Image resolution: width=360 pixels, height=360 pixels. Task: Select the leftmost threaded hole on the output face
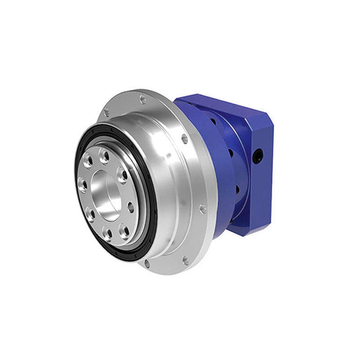tap(83, 184)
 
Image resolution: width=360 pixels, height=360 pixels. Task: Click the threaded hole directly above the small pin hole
tap(122, 175)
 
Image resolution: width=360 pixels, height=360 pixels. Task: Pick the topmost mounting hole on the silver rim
tap(143, 98)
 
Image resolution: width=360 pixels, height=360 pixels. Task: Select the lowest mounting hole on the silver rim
tap(147, 264)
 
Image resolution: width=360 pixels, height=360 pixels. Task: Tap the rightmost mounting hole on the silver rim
tap(203, 208)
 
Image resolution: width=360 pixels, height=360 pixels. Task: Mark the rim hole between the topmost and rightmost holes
tap(184, 139)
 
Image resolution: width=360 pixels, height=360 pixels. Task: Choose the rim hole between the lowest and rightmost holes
tap(185, 260)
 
